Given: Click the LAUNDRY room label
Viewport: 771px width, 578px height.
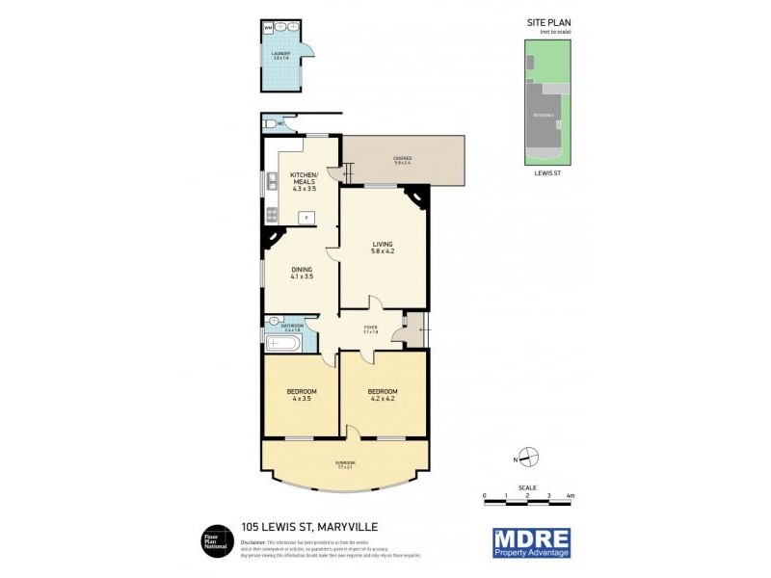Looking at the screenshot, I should click(x=280, y=55).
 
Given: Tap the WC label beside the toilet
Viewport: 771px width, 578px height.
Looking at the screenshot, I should click(x=279, y=123).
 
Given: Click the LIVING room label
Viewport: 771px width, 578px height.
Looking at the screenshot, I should click(x=384, y=248).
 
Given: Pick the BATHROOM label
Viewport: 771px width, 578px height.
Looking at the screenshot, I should click(x=292, y=328).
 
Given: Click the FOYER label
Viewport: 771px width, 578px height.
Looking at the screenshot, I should click(x=370, y=329).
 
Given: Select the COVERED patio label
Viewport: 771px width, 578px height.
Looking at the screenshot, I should click(x=402, y=160).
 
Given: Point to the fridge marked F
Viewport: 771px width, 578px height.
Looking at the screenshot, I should click(x=306, y=218).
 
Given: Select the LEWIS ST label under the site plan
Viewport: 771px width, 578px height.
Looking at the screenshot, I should click(x=546, y=174).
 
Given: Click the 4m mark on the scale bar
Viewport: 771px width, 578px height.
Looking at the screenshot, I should click(x=571, y=496).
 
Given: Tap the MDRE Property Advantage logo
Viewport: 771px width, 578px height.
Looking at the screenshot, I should click(x=531, y=541).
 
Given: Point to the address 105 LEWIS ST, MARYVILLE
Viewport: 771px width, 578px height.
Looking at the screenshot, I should click(x=298, y=527).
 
